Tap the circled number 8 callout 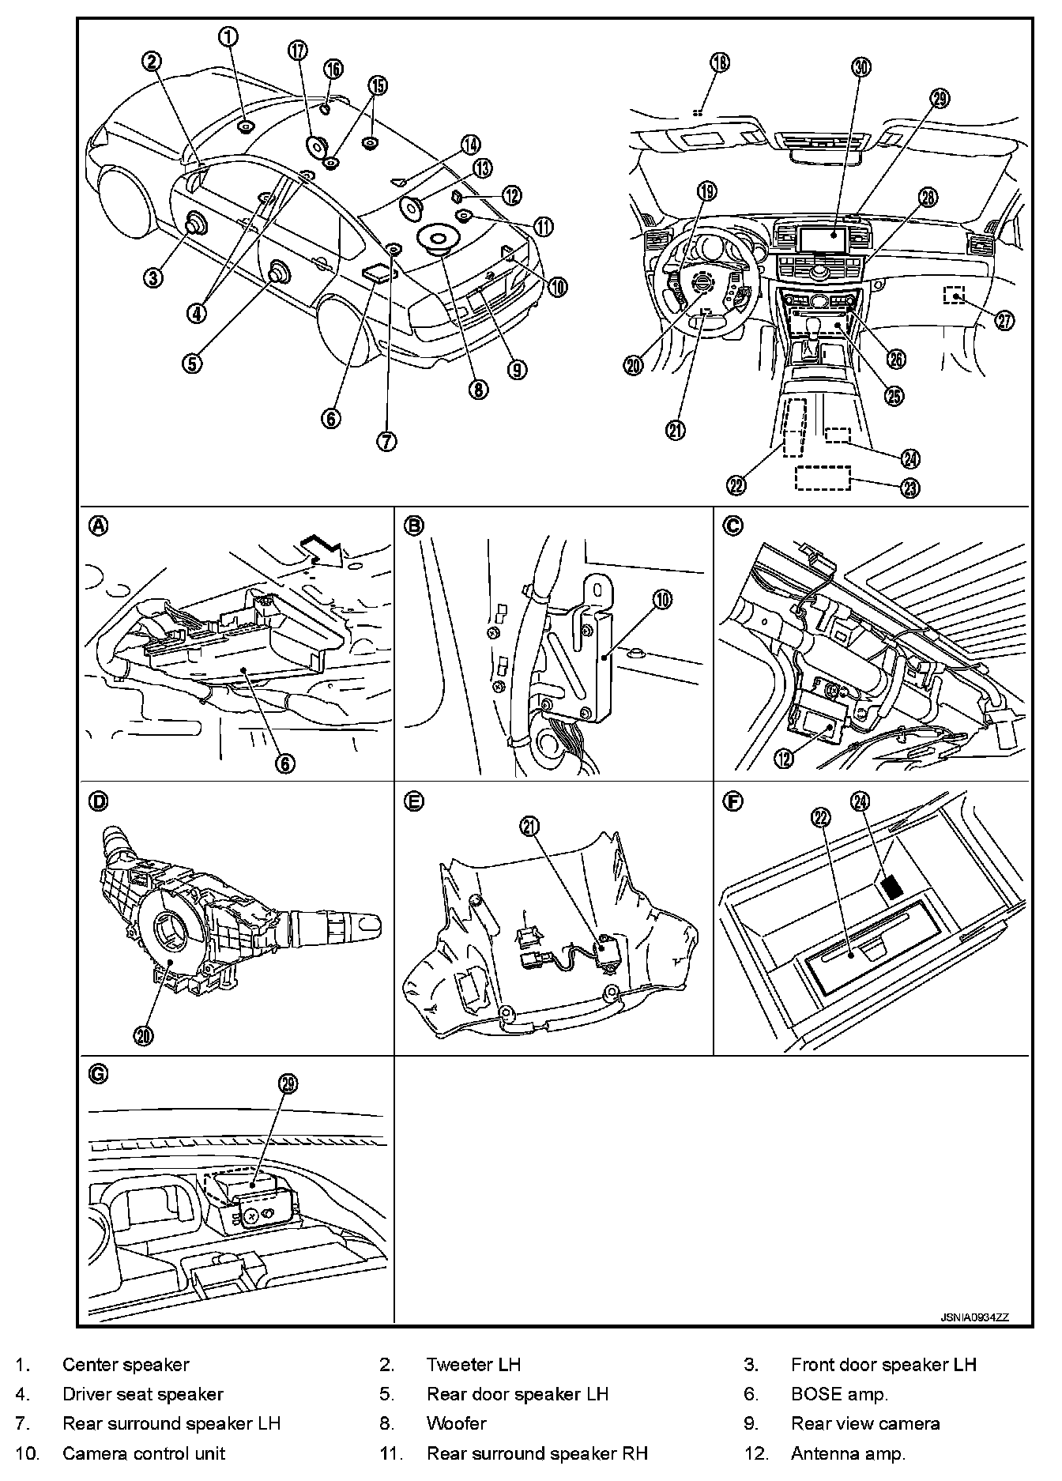click(x=478, y=389)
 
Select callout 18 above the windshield click(x=720, y=62)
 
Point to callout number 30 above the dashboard click(x=861, y=67)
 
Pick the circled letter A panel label click(x=99, y=526)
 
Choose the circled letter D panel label click(x=99, y=802)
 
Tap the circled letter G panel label click(x=99, y=1073)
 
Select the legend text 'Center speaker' click(x=126, y=1365)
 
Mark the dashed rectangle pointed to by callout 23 click(x=823, y=479)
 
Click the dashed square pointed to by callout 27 click(x=955, y=295)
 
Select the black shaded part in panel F click(x=892, y=886)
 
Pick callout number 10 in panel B click(x=662, y=600)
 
